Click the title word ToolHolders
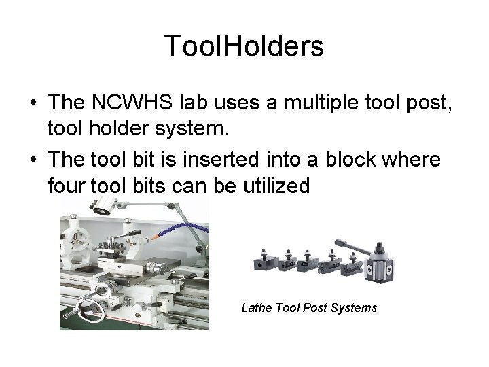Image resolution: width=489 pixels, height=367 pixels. [x=244, y=46]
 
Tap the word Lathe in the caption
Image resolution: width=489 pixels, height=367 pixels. [x=257, y=308]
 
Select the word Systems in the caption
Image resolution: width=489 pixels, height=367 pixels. [x=352, y=308]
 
